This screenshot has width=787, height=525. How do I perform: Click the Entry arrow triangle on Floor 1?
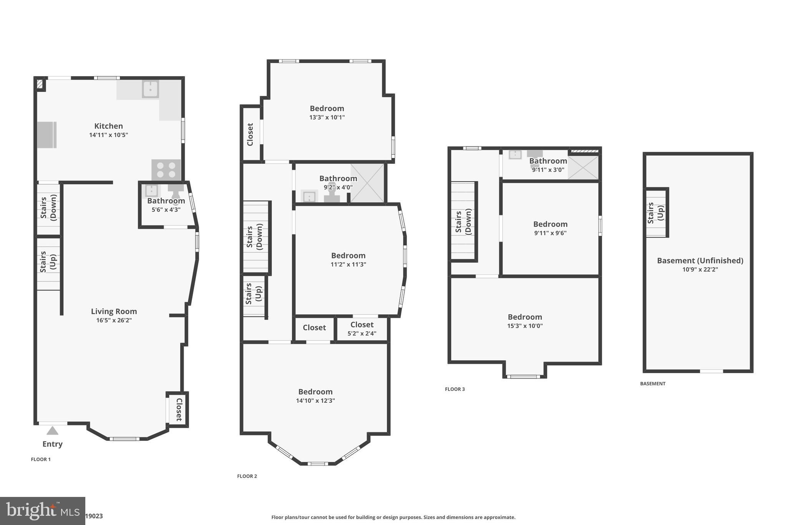[52, 431]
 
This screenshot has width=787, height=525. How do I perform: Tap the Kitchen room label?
[108, 126]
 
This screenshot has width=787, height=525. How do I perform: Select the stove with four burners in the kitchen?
[166, 170]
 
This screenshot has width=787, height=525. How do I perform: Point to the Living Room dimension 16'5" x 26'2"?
[114, 320]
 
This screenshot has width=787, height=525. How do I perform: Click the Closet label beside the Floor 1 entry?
[179, 409]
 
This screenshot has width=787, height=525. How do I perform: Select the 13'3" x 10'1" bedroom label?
[327, 109]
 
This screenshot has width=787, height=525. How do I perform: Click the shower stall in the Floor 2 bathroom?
[367, 183]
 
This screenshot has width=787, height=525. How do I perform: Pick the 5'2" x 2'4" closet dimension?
[362, 334]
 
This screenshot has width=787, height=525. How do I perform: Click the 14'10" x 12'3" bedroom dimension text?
[315, 401]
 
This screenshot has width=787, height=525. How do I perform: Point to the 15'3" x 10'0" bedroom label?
[525, 317]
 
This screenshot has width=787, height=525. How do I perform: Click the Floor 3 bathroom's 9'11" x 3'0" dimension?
[548, 170]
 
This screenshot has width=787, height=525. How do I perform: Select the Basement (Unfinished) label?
[700, 261]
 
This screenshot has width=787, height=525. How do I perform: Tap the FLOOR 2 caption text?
[247, 476]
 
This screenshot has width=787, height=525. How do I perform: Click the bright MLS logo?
[42, 511]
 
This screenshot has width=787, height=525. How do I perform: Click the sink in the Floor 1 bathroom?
[151, 191]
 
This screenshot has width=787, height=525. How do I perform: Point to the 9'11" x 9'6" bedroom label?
[550, 224]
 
